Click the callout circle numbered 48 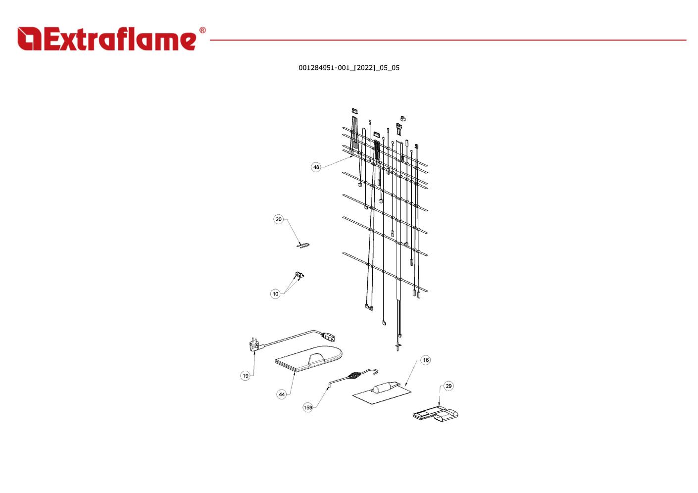point(316,167)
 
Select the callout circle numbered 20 point(278,219)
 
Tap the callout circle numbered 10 point(275,294)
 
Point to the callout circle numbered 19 point(246,376)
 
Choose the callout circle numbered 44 point(282,394)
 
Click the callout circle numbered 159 point(308,407)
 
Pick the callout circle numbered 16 point(426,360)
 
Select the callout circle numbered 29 point(449,386)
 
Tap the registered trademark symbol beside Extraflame point(202,30)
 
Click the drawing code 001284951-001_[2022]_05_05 point(349,68)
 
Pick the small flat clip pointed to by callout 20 point(302,245)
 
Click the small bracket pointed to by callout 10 point(299,275)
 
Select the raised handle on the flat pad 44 point(317,358)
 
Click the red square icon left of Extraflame point(29,39)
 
